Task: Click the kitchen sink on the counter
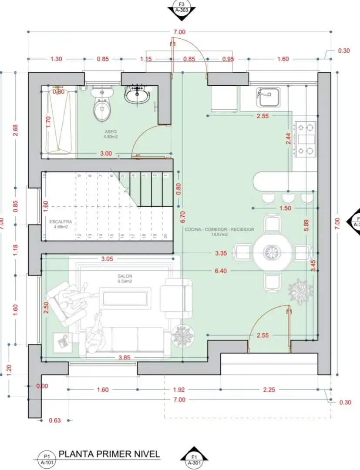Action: (267, 97)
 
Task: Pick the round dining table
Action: (273, 252)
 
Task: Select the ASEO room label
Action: (111, 131)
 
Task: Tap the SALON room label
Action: (124, 276)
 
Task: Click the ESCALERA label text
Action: (61, 222)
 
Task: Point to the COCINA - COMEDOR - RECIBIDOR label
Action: (219, 229)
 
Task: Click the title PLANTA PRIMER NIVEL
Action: (109, 454)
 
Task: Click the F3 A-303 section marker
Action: (182, 8)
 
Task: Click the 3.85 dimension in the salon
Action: (125, 358)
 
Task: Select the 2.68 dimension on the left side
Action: (15, 130)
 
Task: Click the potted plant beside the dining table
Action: (300, 289)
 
